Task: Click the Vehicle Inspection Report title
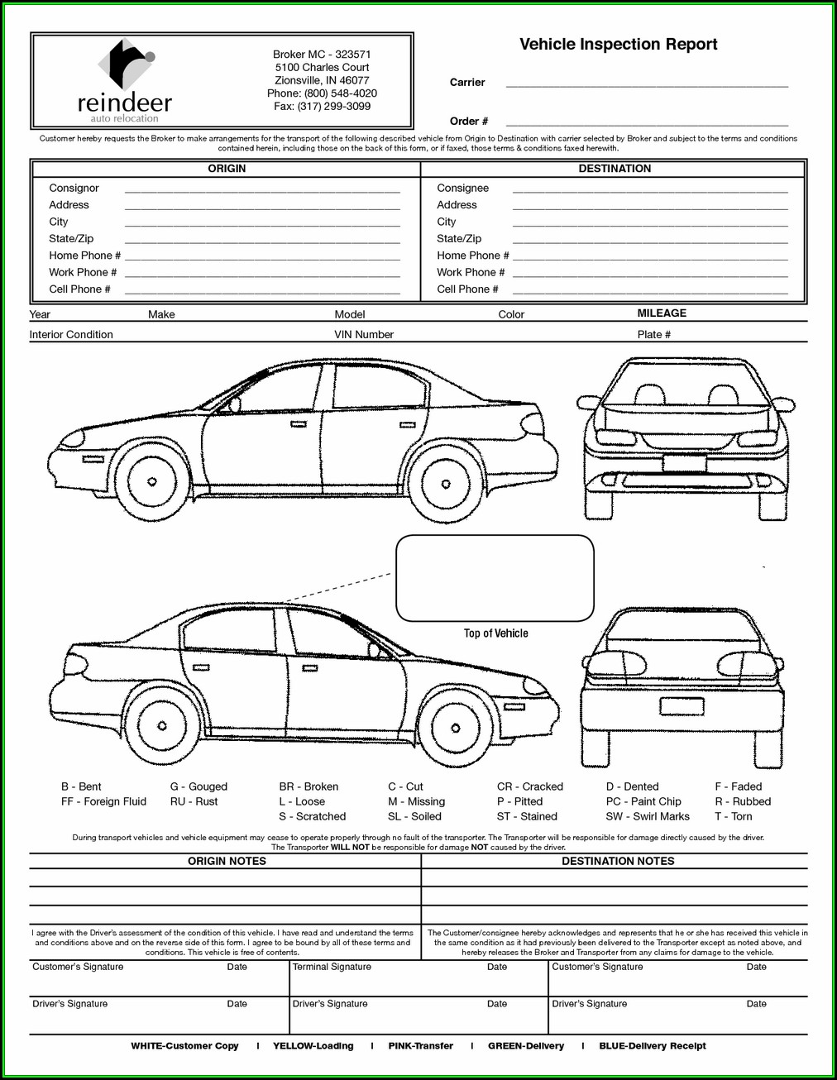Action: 618,45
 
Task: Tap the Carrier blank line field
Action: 646,84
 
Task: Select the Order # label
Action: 468,122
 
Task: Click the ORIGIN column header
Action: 227,169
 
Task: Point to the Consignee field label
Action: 462,189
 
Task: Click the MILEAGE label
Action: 662,313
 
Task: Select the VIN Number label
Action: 364,335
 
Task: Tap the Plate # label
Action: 653,335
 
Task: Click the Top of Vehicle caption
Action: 495,633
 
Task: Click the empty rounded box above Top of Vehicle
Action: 495,578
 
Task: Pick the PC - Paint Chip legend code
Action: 643,801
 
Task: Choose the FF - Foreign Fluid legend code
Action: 103,801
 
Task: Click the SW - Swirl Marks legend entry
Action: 647,816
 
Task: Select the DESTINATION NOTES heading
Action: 618,861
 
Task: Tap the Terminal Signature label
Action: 332,967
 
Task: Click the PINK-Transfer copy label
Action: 420,1046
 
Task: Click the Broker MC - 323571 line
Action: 322,55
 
